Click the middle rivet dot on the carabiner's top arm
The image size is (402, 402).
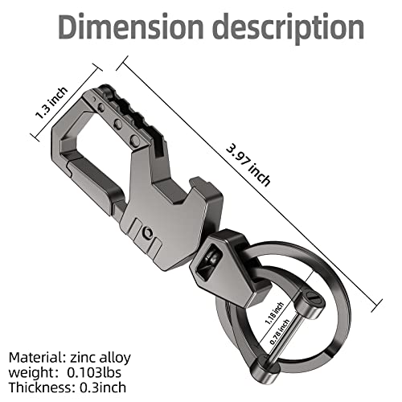[118, 125]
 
